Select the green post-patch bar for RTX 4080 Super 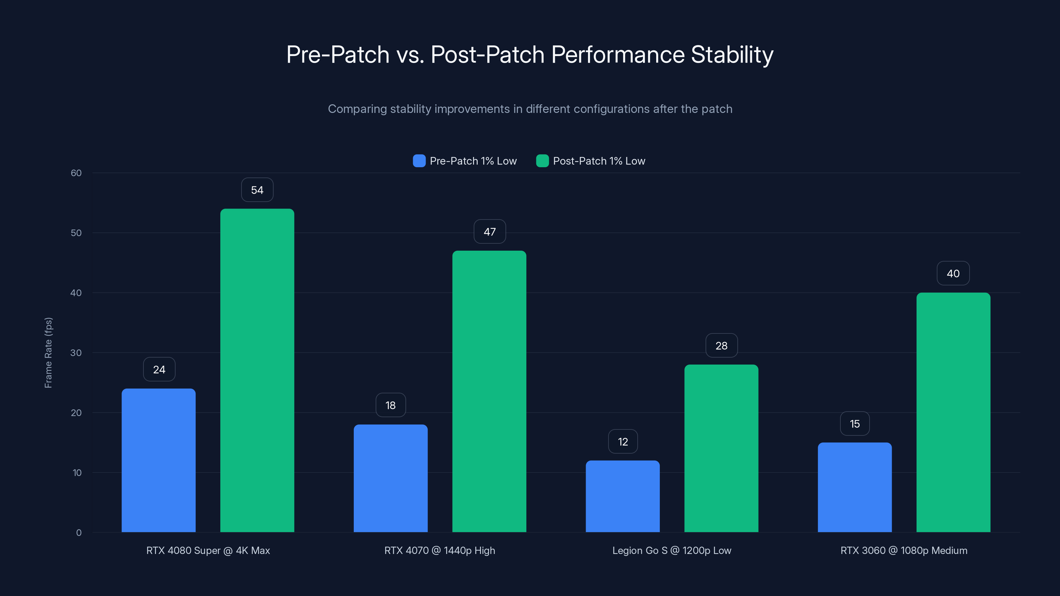click(257, 370)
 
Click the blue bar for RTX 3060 click(855, 487)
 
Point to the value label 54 click(257, 190)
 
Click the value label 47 click(490, 232)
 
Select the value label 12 click(623, 442)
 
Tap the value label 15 click(855, 424)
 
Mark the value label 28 click(721, 345)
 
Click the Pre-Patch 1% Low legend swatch click(419, 161)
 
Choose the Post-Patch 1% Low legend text click(599, 161)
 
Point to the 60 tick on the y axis click(76, 173)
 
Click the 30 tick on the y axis click(76, 353)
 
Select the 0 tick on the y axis click(79, 533)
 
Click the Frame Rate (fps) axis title click(48, 353)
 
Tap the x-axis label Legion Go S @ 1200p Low click(671, 550)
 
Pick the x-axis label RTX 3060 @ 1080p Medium click(904, 550)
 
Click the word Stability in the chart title click(732, 55)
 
